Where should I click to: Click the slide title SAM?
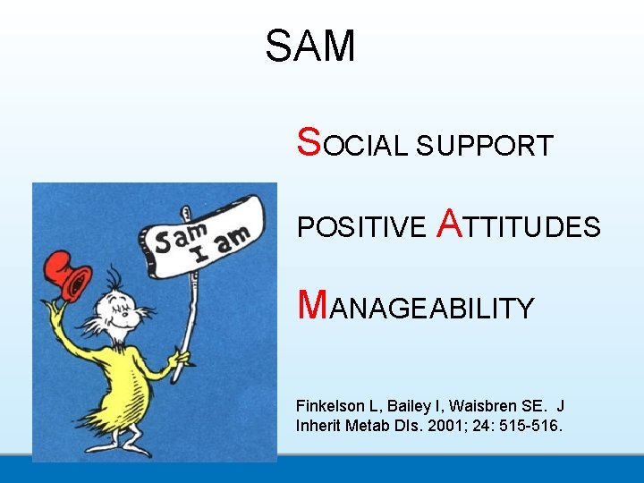pyautogui.click(x=310, y=46)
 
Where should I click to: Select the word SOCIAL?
pyautogui.click(x=352, y=144)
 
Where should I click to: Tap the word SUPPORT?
pyautogui.click(x=484, y=146)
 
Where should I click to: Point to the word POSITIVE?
pyautogui.click(x=361, y=227)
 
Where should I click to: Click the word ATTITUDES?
pyautogui.click(x=518, y=225)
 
